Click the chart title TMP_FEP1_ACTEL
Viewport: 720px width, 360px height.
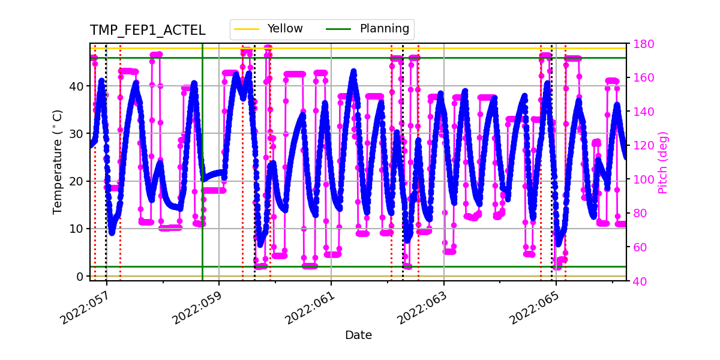click(148, 31)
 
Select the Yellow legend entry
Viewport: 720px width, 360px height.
click(285, 29)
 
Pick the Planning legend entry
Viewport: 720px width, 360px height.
click(384, 29)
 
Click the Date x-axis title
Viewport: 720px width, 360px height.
click(358, 335)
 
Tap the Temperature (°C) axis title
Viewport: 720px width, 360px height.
click(58, 161)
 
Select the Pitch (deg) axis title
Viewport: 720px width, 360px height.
click(662, 162)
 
